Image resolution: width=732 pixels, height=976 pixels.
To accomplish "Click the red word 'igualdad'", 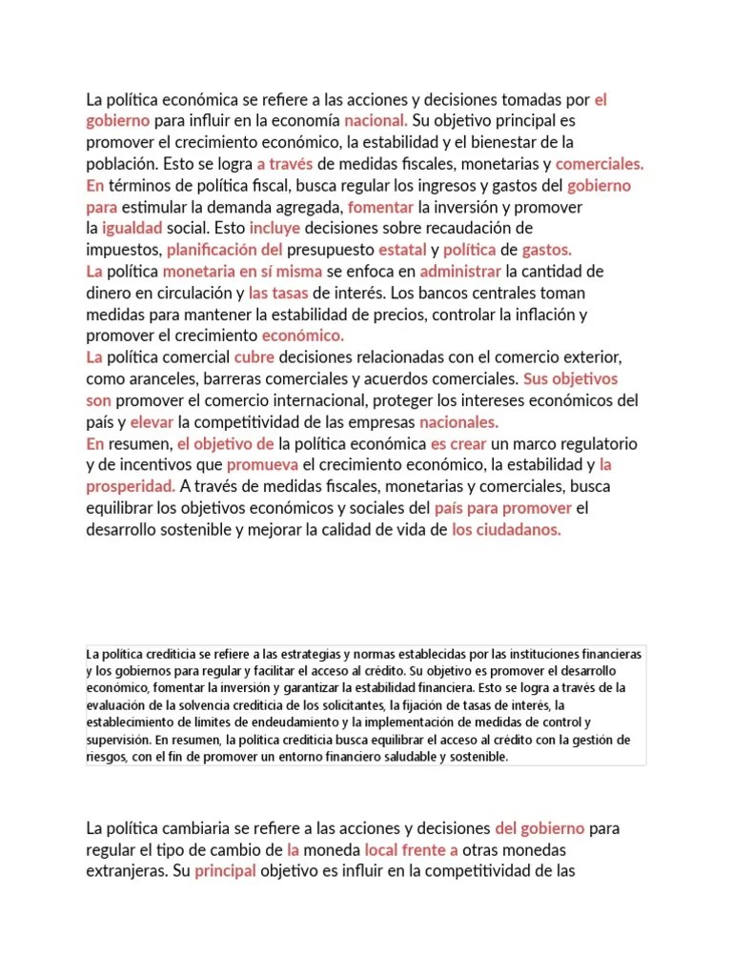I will pyautogui.click(x=132, y=229).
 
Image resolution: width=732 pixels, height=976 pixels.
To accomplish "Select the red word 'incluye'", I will pyautogui.click(x=274, y=229).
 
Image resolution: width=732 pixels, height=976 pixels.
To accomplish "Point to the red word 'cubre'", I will pyautogui.click(x=254, y=357).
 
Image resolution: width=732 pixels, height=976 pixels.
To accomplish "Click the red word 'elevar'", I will pyautogui.click(x=152, y=421).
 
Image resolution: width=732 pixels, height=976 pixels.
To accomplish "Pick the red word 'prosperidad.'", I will pyautogui.click(x=131, y=486).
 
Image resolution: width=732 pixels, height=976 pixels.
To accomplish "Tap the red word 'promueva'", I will pyautogui.click(x=262, y=465).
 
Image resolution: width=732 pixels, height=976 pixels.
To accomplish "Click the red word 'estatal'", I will pyautogui.click(x=402, y=251).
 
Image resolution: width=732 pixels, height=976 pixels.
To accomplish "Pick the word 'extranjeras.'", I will pyautogui.click(x=129, y=870).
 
